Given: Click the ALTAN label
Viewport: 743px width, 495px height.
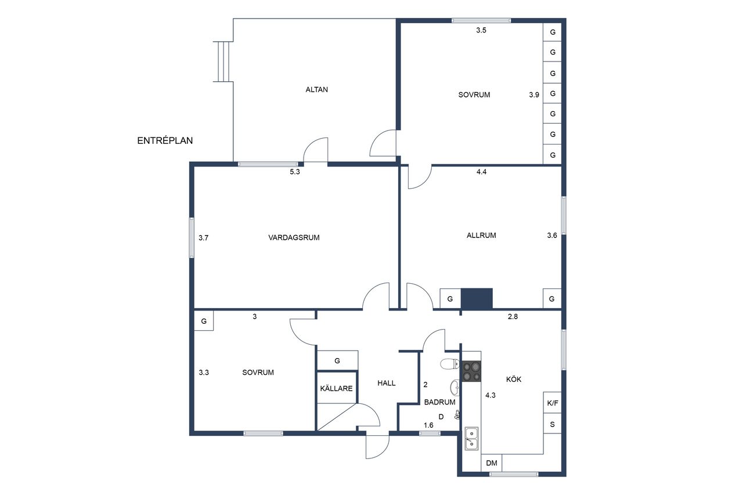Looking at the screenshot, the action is (316, 89).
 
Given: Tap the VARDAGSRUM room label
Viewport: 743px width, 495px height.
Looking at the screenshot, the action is (294, 237).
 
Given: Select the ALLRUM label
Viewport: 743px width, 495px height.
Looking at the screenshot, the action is (481, 236).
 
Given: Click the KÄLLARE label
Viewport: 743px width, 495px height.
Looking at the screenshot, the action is (336, 389).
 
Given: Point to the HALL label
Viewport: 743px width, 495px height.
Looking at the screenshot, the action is (387, 383).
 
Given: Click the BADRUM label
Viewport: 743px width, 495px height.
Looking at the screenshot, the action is (440, 402).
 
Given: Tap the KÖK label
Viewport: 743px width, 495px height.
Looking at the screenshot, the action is (514, 380).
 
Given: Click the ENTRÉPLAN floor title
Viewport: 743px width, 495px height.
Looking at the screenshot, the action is (165, 140).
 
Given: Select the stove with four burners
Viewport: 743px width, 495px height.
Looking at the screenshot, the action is (472, 371).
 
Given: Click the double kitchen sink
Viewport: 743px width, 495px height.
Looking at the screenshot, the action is (471, 438).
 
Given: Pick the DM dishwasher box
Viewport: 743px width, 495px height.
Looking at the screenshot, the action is (492, 463).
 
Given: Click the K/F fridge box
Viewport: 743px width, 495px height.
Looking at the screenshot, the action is (552, 403).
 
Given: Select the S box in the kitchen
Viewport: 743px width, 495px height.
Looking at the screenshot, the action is (552, 424).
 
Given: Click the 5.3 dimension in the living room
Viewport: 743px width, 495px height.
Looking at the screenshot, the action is (295, 172).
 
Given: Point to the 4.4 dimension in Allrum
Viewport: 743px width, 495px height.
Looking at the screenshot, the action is (481, 172).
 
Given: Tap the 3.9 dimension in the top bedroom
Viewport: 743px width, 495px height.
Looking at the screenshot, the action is (534, 95).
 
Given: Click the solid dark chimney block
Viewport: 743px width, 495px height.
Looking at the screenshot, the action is (477, 299).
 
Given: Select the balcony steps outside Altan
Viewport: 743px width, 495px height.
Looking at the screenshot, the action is (223, 62).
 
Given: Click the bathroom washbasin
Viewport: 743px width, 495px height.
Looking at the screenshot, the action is (455, 388).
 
